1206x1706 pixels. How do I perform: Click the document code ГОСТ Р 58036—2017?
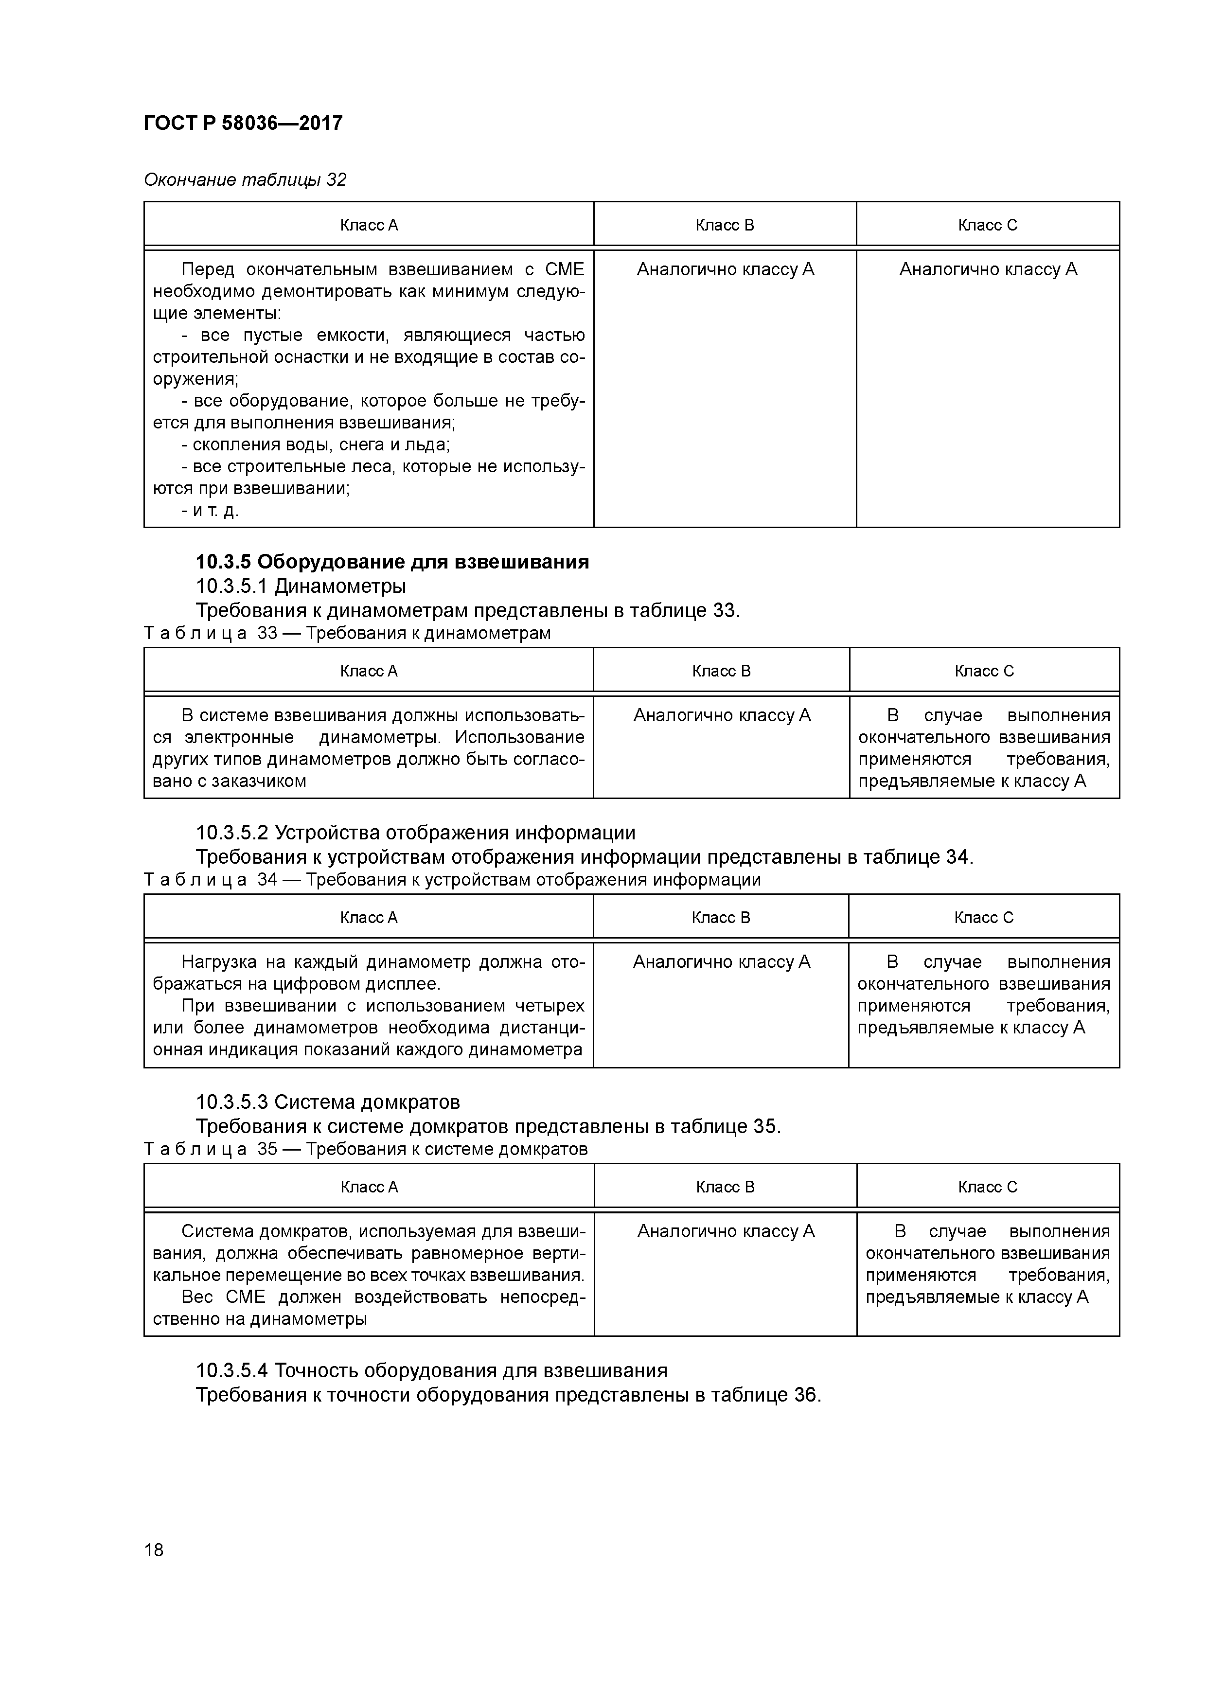243,124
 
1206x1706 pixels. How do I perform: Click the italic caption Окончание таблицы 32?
245,180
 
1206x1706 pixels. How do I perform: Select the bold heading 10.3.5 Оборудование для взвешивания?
392,562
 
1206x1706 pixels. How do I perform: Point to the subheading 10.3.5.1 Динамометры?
301,586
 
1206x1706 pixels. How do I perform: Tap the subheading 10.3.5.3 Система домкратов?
328,1102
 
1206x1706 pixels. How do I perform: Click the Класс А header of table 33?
369,671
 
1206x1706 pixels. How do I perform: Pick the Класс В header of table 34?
721,918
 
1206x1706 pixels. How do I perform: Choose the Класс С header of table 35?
988,1187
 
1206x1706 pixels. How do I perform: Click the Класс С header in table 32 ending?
988,225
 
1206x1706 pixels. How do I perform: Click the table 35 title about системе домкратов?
446,1150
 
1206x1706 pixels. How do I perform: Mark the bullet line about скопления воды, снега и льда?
316,445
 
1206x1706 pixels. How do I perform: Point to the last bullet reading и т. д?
210,511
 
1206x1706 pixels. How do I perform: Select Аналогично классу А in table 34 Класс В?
721,962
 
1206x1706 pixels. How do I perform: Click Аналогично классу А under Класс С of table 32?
988,270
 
